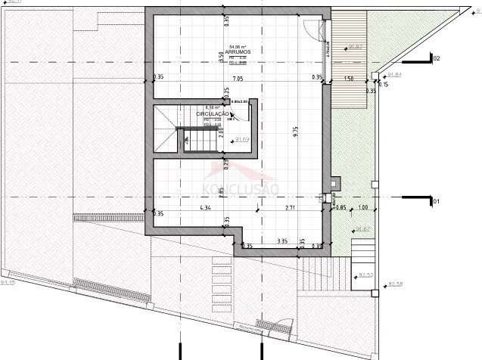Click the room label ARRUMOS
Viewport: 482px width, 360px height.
(x=238, y=52)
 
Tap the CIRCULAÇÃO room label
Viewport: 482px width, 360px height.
(x=213, y=114)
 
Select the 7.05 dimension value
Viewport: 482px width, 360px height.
(x=237, y=79)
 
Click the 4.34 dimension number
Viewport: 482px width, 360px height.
(x=205, y=207)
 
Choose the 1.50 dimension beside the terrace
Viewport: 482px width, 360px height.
(x=349, y=79)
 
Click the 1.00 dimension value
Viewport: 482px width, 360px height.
(x=363, y=207)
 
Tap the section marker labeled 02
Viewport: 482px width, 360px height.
(x=435, y=58)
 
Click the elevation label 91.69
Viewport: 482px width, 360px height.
(x=242, y=139)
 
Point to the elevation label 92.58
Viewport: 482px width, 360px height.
(x=394, y=284)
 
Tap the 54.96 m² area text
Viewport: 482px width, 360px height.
(x=238, y=46)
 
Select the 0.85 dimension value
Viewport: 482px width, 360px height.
(x=341, y=207)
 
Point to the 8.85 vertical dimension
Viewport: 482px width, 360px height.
(x=221, y=191)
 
